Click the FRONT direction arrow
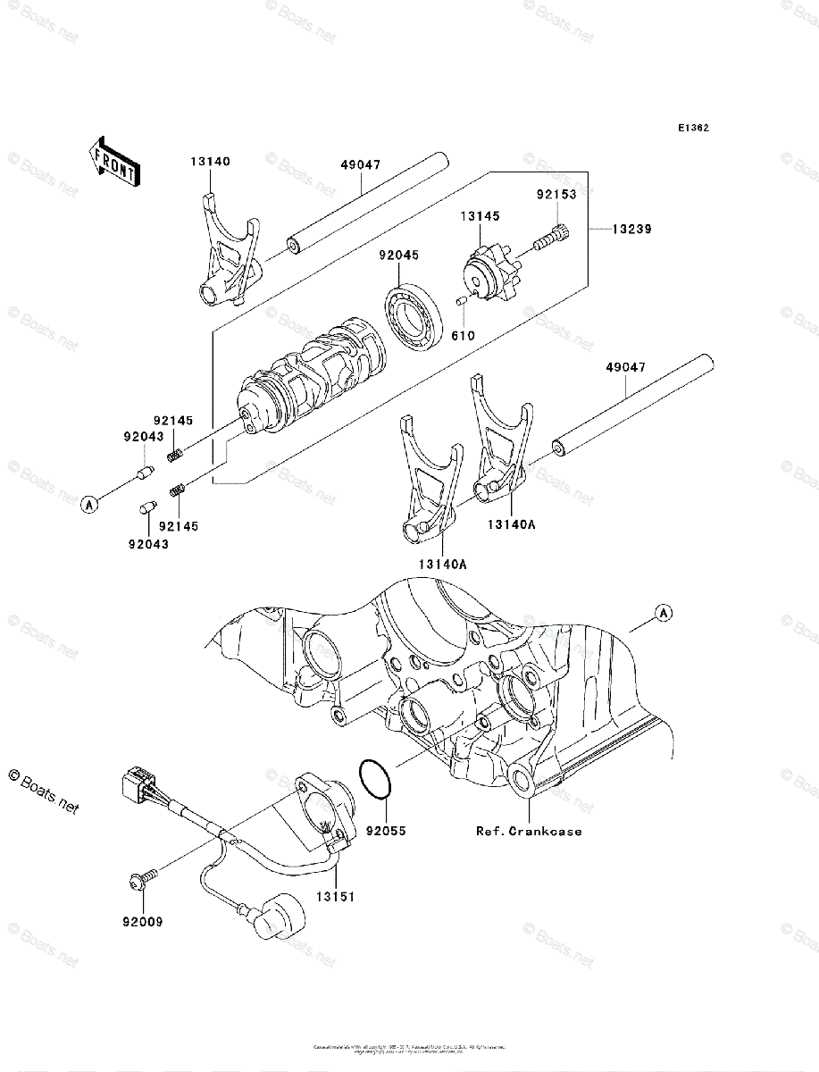click(113, 160)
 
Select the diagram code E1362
click(692, 128)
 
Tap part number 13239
click(631, 229)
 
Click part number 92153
click(556, 193)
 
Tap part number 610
click(463, 336)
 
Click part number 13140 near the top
click(210, 162)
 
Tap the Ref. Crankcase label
click(529, 831)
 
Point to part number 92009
click(144, 920)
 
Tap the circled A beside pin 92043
click(89, 505)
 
